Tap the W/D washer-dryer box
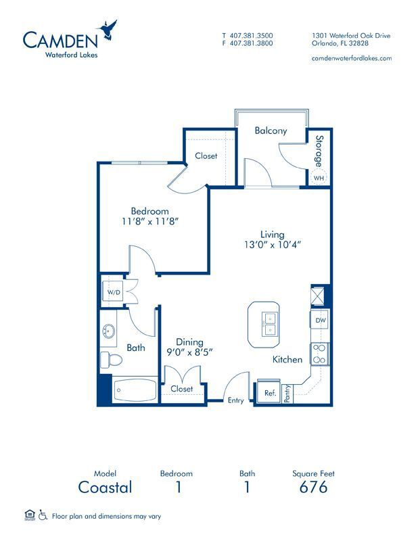[112, 292]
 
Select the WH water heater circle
[318, 178]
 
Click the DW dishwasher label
[321, 321]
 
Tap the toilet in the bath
[108, 360]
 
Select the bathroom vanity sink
[109, 332]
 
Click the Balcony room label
[271, 131]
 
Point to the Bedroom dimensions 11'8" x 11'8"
[151, 221]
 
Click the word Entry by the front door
[235, 400]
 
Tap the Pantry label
[287, 394]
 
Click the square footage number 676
[313, 487]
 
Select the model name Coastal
[105, 487]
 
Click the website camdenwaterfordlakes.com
[352, 58]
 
